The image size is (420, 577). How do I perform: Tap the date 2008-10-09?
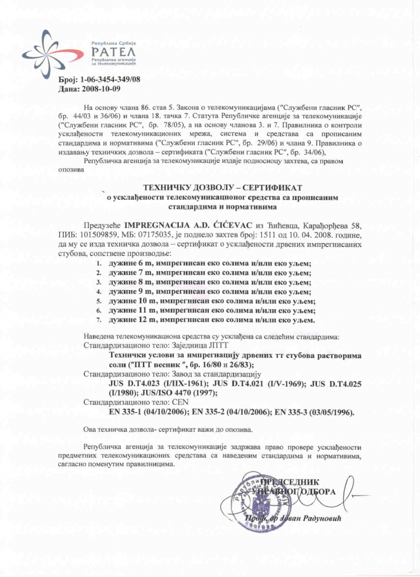pos(101,89)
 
